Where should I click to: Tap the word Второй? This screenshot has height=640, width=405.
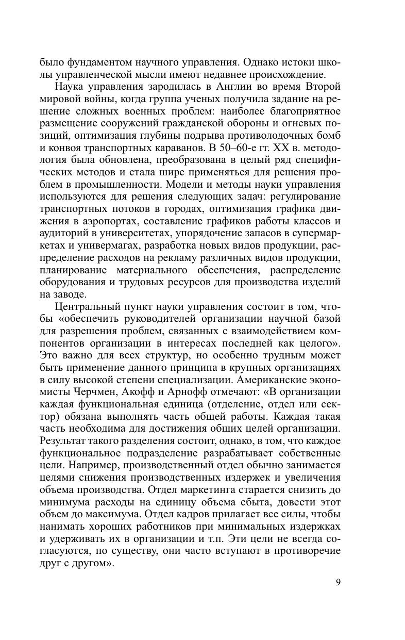pos(320,86)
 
